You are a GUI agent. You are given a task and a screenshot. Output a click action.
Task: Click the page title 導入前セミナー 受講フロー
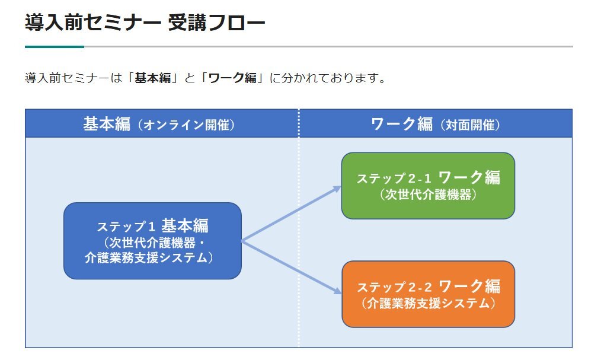tap(145, 22)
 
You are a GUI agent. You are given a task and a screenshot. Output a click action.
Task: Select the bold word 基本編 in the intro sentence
tap(152, 78)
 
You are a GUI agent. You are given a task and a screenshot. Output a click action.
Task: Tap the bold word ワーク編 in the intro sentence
tap(232, 78)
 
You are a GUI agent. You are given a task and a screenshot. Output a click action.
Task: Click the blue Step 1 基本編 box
tap(152, 241)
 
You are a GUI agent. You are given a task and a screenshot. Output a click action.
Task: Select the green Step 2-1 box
tap(428, 186)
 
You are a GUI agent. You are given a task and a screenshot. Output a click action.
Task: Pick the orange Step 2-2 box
tap(428, 294)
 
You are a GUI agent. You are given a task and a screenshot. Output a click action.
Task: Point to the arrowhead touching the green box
tap(337, 189)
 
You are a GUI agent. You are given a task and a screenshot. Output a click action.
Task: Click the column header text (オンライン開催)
tap(186, 125)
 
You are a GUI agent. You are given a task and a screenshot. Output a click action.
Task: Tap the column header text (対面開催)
tap(469, 125)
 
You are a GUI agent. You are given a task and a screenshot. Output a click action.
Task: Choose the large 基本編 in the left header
tap(107, 124)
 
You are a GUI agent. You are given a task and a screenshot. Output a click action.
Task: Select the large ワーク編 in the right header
tap(402, 124)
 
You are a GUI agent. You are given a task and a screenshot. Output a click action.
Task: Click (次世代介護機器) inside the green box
tap(428, 195)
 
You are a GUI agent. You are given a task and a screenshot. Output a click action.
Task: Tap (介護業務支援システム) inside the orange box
tap(428, 304)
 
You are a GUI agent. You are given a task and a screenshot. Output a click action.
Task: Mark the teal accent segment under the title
tap(55, 47)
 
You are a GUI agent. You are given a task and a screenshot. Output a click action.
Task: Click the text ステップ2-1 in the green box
tap(394, 179)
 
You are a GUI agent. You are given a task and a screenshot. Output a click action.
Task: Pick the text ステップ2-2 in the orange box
tap(394, 287)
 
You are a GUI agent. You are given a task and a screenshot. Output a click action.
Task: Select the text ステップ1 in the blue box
tap(126, 227)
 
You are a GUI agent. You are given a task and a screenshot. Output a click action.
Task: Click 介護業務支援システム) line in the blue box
tap(149, 257)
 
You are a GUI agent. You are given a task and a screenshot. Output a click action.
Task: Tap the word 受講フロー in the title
tap(216, 22)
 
